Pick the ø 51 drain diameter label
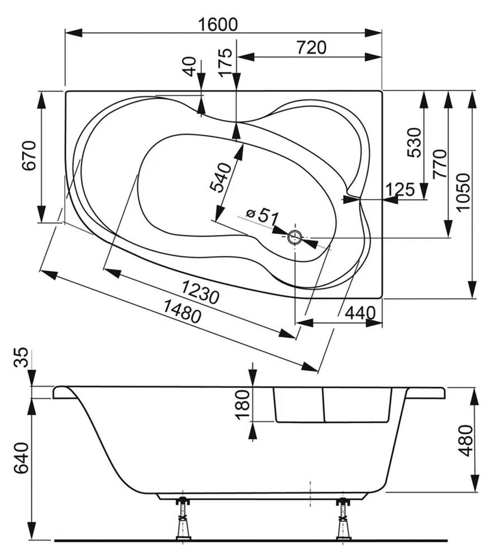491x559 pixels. click(262, 216)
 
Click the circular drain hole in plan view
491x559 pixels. click(295, 238)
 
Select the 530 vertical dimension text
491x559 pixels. click(413, 143)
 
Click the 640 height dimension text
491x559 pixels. click(21, 457)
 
